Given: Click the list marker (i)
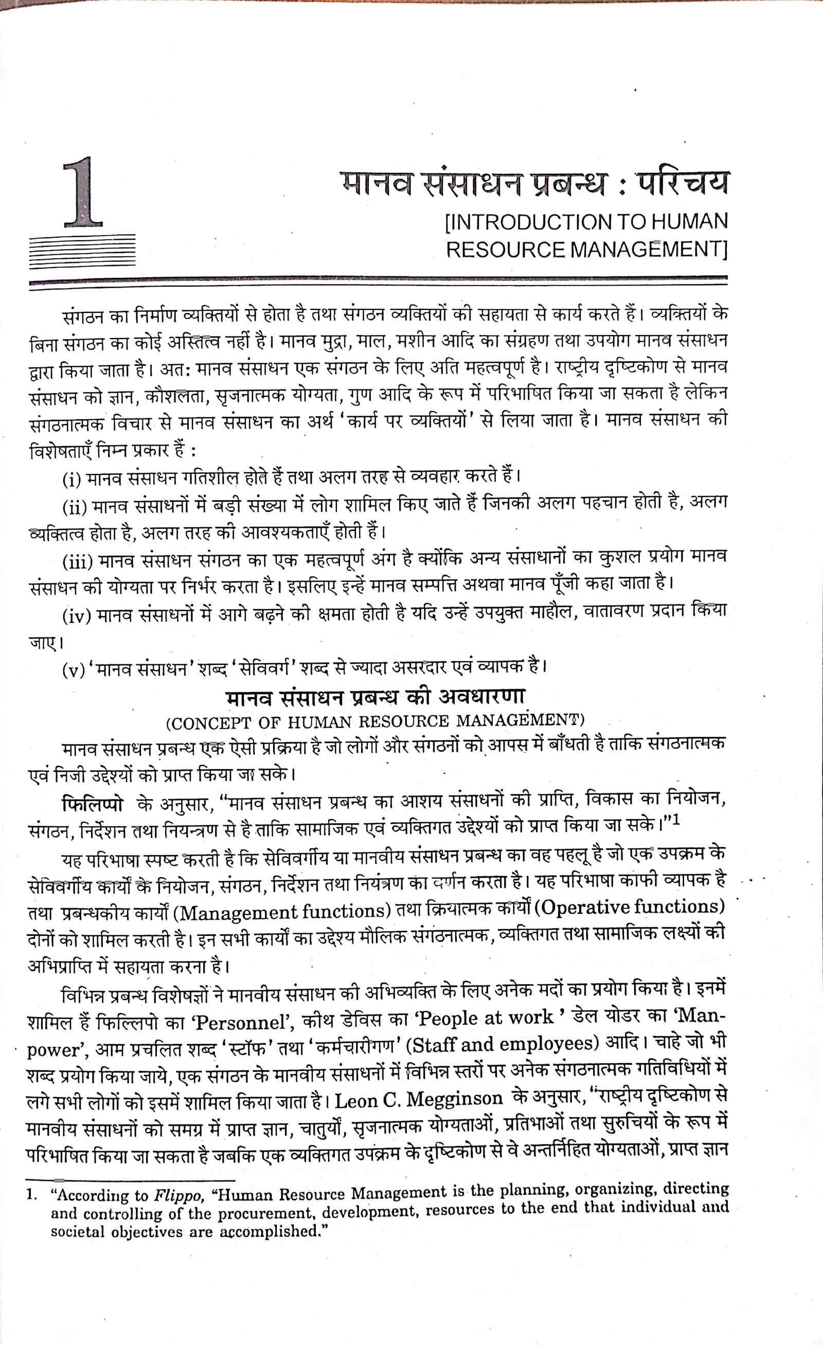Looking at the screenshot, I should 71,480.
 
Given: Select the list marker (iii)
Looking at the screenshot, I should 79,561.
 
